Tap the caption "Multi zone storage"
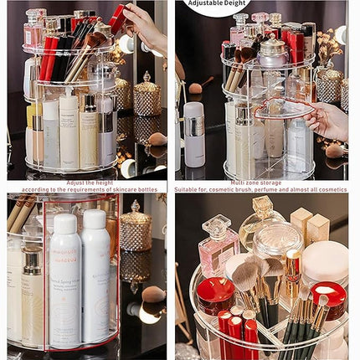(x=261, y=183)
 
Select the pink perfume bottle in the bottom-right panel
(x=217, y=246)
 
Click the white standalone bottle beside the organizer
(x=193, y=134)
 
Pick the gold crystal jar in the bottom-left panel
(x=136, y=228)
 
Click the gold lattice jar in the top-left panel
(x=147, y=96)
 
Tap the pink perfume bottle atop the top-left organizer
(x=34, y=29)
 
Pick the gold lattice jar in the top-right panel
(x=328, y=84)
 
